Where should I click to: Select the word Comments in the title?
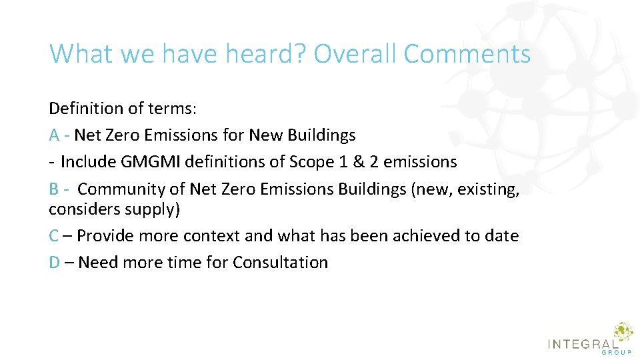tap(467, 53)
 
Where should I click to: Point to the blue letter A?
tap(55, 135)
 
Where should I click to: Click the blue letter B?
tap(54, 189)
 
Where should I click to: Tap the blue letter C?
tap(54, 236)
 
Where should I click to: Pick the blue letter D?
tap(55, 263)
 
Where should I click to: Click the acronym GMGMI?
tap(143, 162)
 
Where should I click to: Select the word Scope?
tap(312, 162)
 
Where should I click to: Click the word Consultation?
tap(280, 263)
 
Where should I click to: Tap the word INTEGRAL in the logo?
tap(581, 343)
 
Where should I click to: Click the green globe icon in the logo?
tap(623, 331)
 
